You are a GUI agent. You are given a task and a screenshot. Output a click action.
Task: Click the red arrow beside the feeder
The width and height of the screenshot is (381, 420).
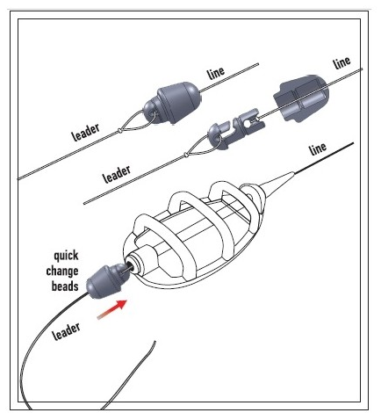click(x=112, y=309)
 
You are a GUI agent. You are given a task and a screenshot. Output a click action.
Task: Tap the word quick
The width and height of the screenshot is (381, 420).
click(x=66, y=256)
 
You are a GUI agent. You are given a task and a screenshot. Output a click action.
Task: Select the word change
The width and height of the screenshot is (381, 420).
click(x=62, y=272)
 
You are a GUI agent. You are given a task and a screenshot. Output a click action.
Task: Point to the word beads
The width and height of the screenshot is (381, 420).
click(x=65, y=286)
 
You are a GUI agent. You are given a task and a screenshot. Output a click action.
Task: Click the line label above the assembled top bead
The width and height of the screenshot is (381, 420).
click(x=216, y=73)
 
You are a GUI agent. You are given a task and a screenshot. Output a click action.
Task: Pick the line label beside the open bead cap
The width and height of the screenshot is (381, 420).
click(x=341, y=63)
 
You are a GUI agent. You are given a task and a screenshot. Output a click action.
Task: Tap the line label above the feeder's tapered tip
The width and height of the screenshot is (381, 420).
click(x=318, y=148)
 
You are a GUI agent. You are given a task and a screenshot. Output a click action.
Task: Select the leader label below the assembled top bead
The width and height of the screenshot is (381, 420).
click(x=85, y=133)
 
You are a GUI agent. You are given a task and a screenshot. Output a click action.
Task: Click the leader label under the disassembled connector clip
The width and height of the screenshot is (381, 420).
click(x=117, y=175)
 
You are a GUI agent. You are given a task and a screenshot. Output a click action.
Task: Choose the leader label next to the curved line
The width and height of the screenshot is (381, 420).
click(x=66, y=331)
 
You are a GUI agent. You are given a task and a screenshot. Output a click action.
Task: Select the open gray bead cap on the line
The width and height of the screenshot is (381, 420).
click(x=301, y=98)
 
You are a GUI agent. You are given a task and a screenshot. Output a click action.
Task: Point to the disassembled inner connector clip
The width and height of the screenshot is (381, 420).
click(x=236, y=128)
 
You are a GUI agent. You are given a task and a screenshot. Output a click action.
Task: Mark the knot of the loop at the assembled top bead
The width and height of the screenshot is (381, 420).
click(x=119, y=130)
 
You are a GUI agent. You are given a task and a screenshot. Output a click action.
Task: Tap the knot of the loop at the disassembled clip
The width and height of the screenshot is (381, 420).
click(x=185, y=155)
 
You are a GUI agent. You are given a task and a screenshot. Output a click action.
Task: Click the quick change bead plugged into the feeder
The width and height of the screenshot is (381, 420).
click(x=107, y=280)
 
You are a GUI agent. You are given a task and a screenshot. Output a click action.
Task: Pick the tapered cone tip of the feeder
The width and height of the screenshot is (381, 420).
click(x=277, y=182)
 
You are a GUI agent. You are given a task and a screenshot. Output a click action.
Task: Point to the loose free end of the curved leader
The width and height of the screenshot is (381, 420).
click(x=155, y=342)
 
